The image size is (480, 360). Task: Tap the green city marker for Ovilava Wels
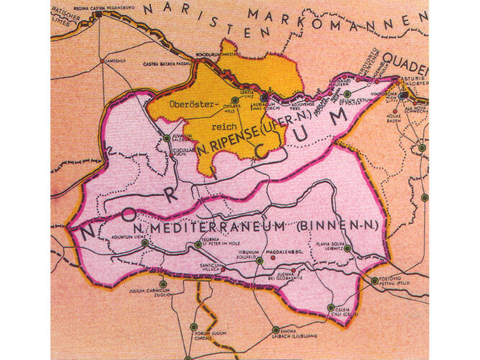(x=234, y=100)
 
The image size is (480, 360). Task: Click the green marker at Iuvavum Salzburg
(x=167, y=137)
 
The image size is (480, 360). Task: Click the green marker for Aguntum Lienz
(x=145, y=243)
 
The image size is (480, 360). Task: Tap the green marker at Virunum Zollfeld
(x=259, y=260)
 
